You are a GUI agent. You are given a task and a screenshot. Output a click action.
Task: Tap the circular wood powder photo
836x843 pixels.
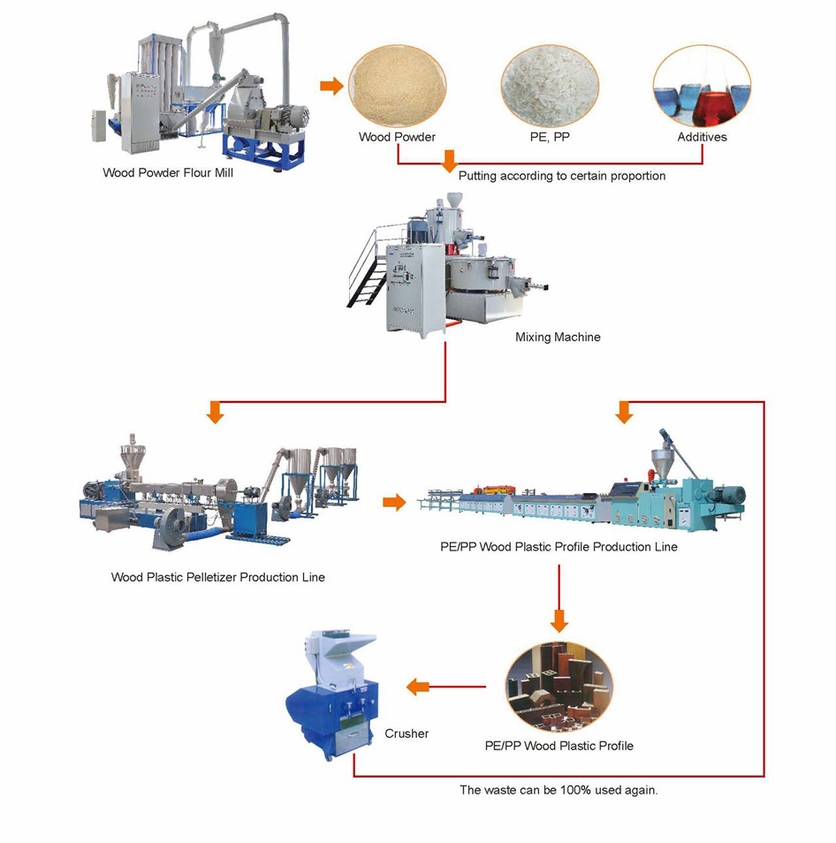click(x=397, y=85)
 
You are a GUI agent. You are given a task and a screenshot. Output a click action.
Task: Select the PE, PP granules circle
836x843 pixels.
click(x=549, y=85)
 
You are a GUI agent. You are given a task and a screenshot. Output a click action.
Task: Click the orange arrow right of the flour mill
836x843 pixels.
click(x=331, y=86)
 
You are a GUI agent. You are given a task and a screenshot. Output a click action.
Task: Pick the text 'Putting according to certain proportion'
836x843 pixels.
click(x=562, y=176)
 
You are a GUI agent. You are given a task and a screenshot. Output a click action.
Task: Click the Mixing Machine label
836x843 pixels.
click(x=558, y=337)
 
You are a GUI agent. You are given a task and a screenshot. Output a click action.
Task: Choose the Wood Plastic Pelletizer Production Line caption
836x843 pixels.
click(x=217, y=577)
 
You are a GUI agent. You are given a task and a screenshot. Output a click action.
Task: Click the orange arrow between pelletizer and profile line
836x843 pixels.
click(x=394, y=502)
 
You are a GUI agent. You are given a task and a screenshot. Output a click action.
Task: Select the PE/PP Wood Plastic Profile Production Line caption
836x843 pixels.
click(x=559, y=547)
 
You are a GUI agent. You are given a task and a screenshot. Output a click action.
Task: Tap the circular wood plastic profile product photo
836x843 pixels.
click(x=559, y=687)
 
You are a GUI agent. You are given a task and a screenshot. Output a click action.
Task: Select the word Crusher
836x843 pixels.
click(x=407, y=733)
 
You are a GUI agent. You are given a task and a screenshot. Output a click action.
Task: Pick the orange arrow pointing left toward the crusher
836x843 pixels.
click(x=418, y=687)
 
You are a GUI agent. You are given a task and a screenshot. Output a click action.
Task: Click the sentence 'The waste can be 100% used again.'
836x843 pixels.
click(x=559, y=790)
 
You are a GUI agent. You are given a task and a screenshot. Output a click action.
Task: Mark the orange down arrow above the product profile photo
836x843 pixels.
click(x=559, y=620)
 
